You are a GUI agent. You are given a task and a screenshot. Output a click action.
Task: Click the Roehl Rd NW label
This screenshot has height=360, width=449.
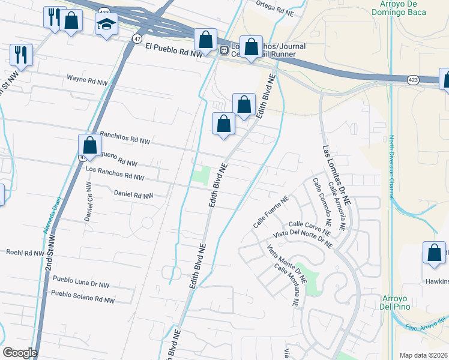[22, 253]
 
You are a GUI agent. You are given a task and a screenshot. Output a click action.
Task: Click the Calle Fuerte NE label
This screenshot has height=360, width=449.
[271, 211]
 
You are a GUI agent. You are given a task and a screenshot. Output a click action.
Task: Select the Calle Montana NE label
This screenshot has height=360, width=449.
[286, 286]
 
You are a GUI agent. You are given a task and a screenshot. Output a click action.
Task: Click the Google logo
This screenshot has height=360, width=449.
[19, 353]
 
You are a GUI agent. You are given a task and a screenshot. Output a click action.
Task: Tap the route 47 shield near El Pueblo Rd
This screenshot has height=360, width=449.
[137, 38]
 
